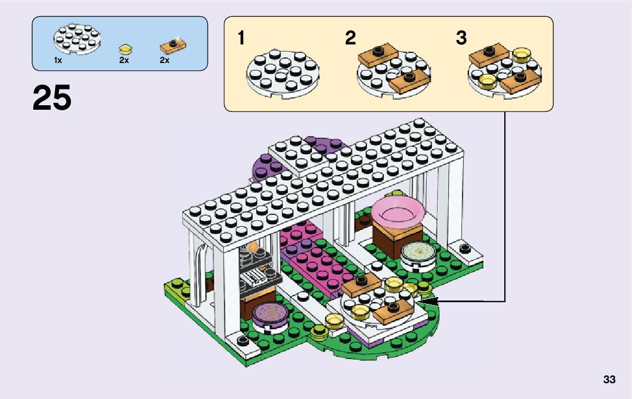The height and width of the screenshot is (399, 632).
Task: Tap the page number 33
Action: pos(609,379)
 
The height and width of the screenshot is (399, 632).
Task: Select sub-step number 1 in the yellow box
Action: pos(241,39)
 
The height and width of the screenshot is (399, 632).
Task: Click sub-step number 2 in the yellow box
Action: pos(351,39)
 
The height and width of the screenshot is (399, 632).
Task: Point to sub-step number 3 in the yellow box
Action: pos(461,39)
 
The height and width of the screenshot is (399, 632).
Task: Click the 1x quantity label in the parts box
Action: pos(58,60)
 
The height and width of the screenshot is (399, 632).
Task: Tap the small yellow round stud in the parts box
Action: pos(124,49)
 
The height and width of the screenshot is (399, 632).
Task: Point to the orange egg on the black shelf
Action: pos(254,246)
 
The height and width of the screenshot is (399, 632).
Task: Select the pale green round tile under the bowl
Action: pos(416,252)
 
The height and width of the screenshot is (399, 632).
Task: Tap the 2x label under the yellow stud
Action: pos(124,60)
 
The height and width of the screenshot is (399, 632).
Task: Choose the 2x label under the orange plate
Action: pos(164,60)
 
